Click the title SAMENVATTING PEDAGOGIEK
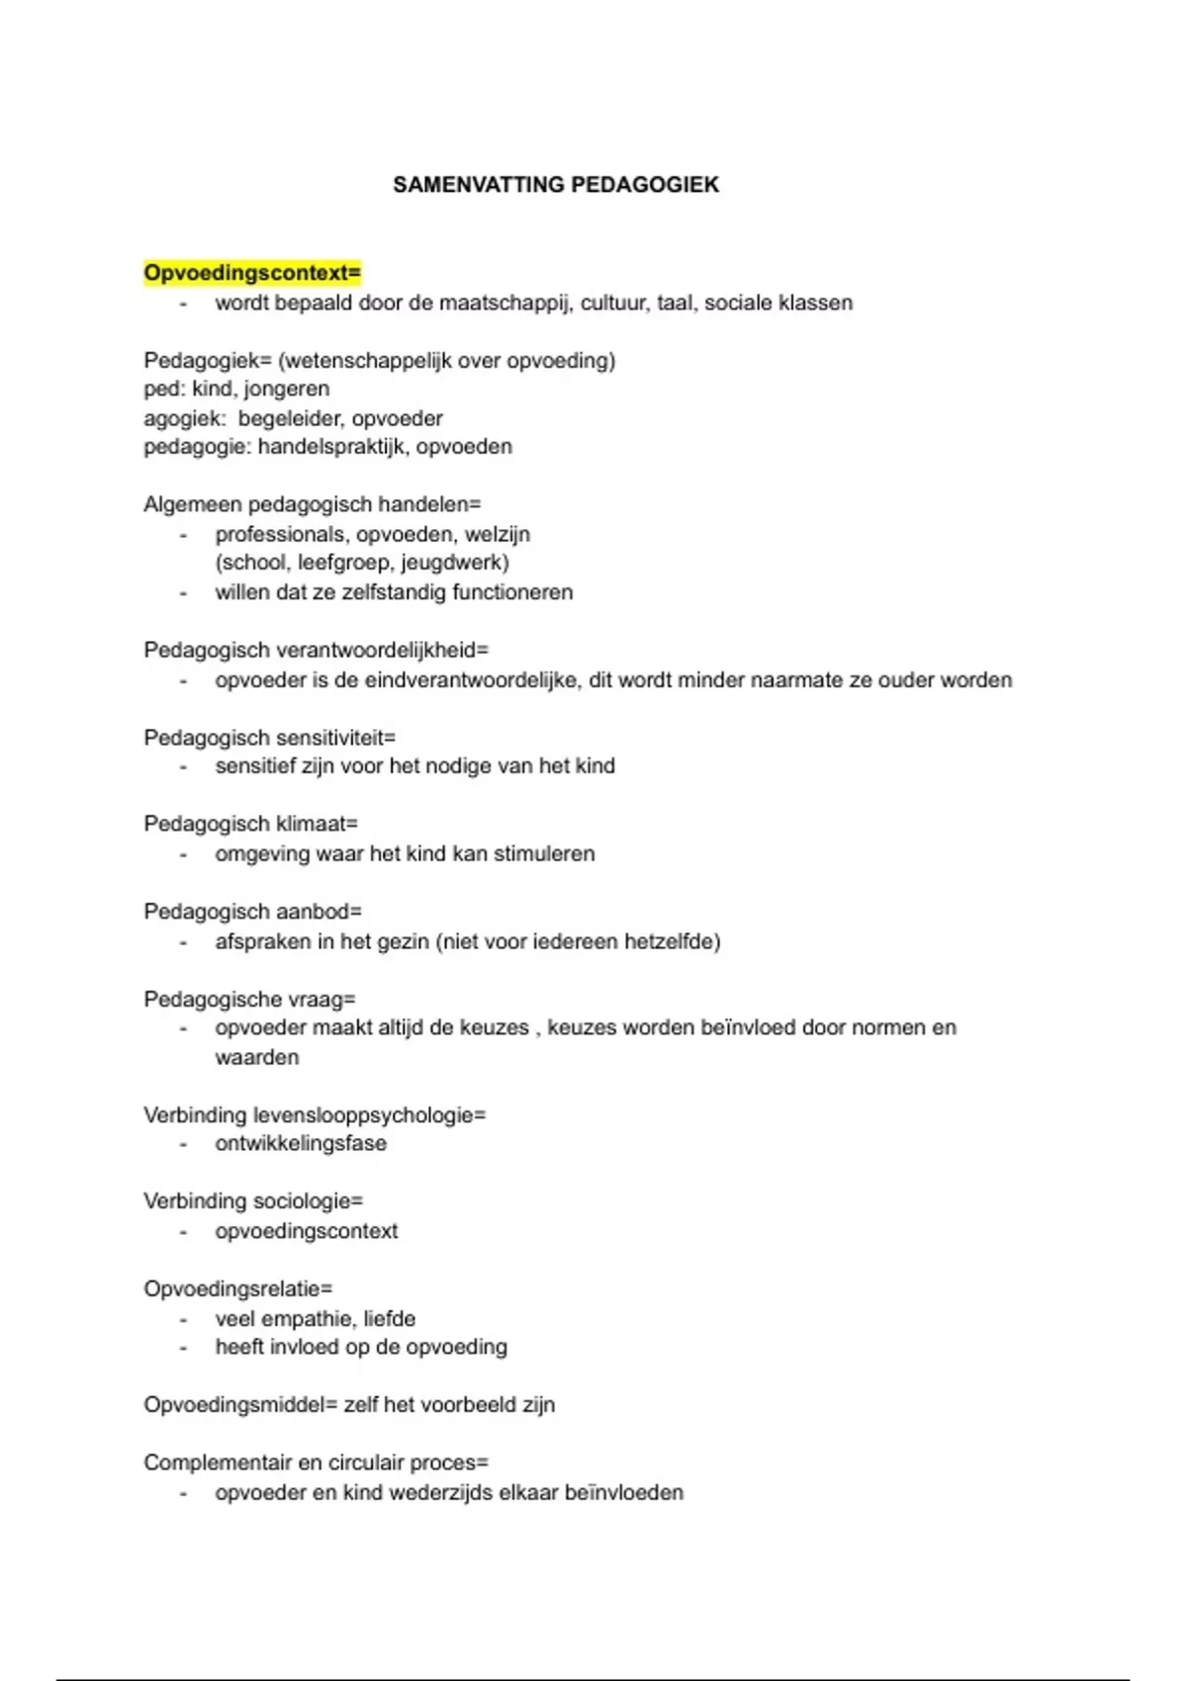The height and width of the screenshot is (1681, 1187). pos(555,185)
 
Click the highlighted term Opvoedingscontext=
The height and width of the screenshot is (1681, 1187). pos(252,272)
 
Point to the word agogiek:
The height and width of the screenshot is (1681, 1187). pos(184,418)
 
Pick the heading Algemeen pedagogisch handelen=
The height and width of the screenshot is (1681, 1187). pos(312,504)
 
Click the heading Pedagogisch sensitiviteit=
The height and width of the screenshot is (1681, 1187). pos(269,738)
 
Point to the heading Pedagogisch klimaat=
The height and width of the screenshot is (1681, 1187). pos(250,824)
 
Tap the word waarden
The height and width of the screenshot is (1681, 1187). pos(257,1057)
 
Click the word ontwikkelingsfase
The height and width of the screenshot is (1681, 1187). pos(301,1144)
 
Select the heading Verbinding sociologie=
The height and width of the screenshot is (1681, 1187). pos(253,1201)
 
